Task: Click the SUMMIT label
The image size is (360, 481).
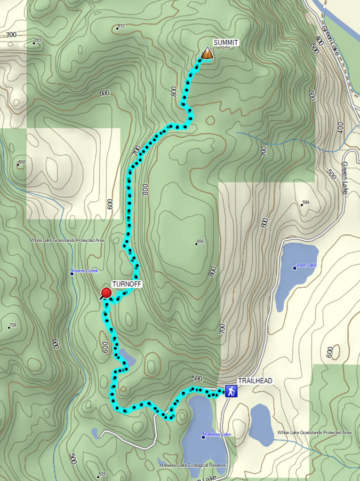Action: coord(226,43)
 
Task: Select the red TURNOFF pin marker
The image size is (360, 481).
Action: coord(106,293)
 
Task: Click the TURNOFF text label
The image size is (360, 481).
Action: coord(126,285)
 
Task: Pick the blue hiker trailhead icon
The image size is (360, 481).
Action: coord(231,391)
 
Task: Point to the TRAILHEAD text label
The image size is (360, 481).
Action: coord(255,381)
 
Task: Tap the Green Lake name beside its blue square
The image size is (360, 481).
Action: coord(307,265)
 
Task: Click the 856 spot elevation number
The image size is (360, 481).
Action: coord(201,242)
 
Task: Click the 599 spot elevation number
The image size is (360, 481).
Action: coord(306,202)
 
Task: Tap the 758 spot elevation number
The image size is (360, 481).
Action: coord(13,325)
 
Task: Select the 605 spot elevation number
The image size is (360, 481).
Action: coord(22,162)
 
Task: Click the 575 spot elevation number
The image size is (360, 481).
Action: coord(102,475)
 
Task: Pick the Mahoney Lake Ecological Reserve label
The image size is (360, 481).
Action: coord(193,466)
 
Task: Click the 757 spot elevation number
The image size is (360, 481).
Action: coord(38,41)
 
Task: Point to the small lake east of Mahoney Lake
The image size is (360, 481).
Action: coord(261,424)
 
